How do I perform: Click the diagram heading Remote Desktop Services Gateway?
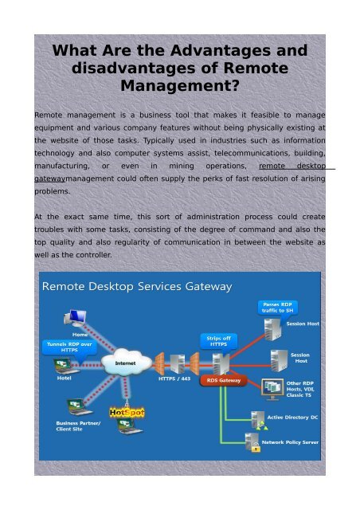click(136, 286)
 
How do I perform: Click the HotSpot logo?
click(125, 413)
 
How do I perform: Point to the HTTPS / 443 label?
click(174, 379)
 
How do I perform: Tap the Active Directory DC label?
click(293, 417)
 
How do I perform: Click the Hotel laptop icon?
click(60, 366)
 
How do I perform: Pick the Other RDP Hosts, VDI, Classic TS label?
click(299, 389)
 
